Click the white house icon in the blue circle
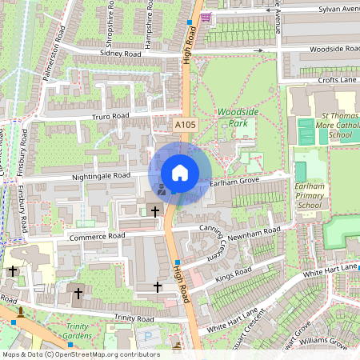180,173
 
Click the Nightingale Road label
101,175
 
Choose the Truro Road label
110,116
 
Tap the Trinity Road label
134,318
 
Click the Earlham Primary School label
309,195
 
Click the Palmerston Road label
53,54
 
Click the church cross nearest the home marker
155,211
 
